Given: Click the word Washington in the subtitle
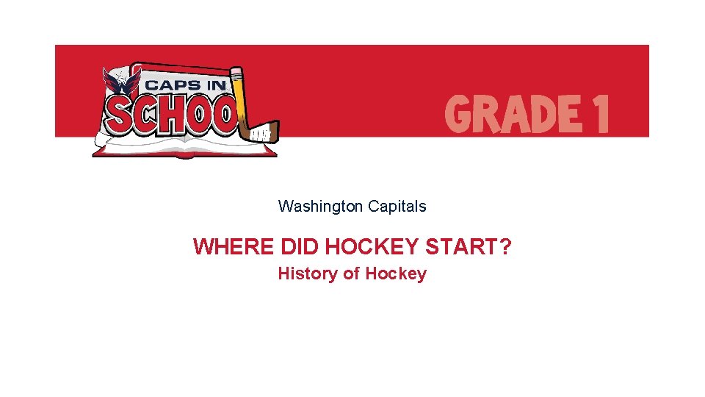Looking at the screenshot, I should click(x=320, y=207).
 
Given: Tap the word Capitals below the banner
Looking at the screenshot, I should click(x=397, y=207).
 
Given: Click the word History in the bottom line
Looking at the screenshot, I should click(x=308, y=274).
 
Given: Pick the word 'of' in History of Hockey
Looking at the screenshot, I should click(x=352, y=274).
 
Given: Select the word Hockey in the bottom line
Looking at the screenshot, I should click(x=396, y=274).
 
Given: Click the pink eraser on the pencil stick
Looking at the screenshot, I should click(x=236, y=74).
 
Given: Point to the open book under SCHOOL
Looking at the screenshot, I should click(x=184, y=149).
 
